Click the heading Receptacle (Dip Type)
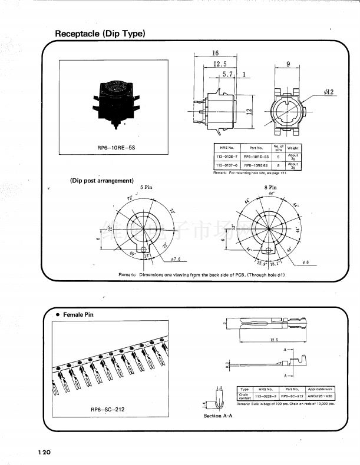100,34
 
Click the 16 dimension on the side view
216,53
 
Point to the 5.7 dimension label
229,75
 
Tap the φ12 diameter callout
328,92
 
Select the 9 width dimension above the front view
288,64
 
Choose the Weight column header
293,148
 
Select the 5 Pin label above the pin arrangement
146,187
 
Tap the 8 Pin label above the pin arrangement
270,187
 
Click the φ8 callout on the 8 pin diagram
305,261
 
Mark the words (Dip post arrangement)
102,180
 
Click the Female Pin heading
78,314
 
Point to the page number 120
45,452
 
